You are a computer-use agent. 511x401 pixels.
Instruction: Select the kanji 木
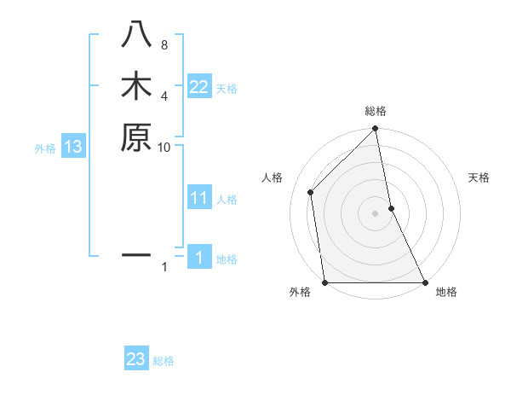(136, 87)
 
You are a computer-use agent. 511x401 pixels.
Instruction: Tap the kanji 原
(136, 137)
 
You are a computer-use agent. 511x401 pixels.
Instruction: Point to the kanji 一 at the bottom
(136, 254)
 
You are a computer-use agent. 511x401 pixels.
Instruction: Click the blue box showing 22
(199, 87)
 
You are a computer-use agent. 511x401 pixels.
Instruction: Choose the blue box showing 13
(73, 147)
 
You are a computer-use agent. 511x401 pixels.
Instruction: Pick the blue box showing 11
(199, 199)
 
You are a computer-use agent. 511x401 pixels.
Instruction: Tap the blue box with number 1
(199, 259)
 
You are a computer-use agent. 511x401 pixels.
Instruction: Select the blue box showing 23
(136, 359)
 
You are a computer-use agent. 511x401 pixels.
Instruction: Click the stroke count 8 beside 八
(164, 45)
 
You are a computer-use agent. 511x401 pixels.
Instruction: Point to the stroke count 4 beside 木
(164, 96)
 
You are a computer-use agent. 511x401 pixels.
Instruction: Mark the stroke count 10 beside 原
(164, 147)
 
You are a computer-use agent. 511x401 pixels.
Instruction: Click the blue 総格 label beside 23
(164, 361)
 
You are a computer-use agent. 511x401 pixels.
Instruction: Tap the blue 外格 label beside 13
(45, 148)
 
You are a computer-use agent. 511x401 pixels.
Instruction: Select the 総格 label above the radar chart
(376, 111)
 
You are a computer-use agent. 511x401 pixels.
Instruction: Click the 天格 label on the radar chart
(479, 177)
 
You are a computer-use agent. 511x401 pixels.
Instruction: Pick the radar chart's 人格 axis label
(272, 177)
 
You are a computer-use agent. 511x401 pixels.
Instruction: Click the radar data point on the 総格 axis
(376, 130)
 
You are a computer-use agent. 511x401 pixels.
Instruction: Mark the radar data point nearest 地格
(424, 282)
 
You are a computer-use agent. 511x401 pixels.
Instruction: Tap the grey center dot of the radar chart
(376, 213)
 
